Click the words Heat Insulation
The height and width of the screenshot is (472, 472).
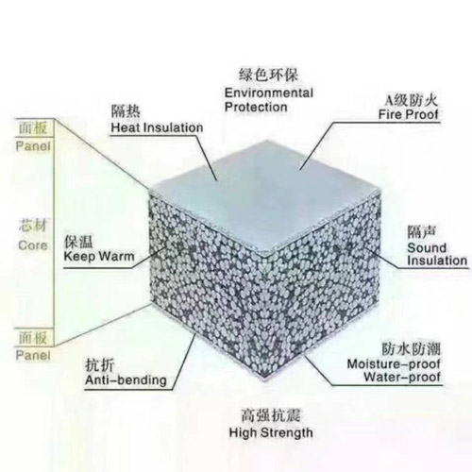coord(157,127)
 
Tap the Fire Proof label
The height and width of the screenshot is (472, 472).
coord(408,114)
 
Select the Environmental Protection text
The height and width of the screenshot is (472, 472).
coord(269,100)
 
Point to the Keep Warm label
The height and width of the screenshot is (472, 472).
coord(99,256)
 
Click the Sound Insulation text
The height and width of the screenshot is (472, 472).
coord(437,254)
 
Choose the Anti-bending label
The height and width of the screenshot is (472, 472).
coord(126,380)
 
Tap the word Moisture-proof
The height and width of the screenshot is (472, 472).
coord(394,364)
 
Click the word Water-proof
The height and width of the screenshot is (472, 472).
coord(402,377)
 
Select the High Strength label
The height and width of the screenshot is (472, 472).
coord(271,432)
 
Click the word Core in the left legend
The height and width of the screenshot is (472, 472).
coord(33,245)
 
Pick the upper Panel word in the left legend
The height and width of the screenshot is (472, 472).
coord(33,146)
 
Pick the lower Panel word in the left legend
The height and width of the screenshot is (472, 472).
coord(33,356)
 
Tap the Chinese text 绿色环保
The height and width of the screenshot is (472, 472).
coord(268,76)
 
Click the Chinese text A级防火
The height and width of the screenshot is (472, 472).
coord(412,100)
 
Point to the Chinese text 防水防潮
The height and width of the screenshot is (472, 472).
coord(412,349)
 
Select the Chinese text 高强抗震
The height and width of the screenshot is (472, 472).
coord(271,415)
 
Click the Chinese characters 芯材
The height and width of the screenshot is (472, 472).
coord(33,226)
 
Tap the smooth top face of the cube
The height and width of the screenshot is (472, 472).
coord(266,195)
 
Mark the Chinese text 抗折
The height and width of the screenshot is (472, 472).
coord(100,366)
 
